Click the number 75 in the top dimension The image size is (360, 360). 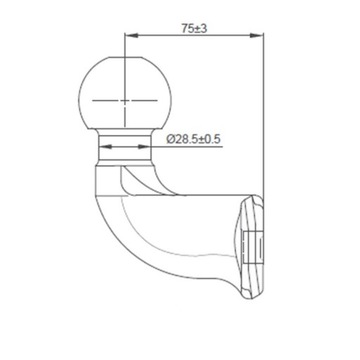point(187,29)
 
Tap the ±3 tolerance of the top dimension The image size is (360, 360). point(201,29)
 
